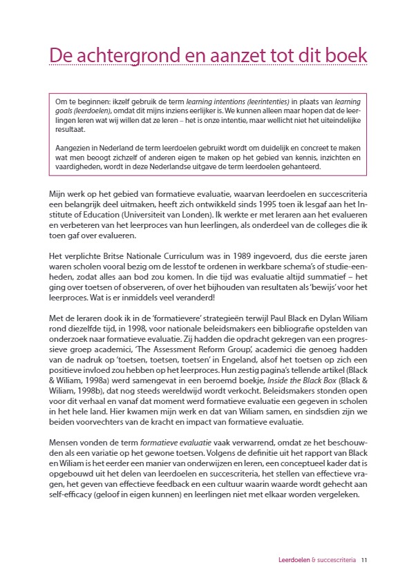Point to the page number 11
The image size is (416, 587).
(x=364, y=560)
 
